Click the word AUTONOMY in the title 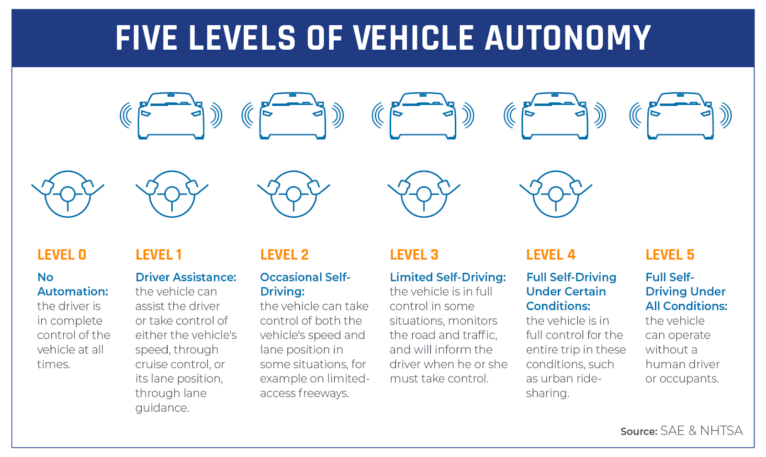568,38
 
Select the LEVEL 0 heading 62,255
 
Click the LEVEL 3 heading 414,255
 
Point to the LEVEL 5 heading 670,255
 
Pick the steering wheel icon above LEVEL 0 68,194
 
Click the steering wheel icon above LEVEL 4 556,194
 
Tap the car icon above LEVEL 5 680,115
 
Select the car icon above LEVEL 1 171,115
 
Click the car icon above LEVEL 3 423,115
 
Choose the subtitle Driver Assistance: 186,277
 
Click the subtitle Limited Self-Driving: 448,277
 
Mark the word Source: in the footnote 639,431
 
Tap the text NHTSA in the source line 721,431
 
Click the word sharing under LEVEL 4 547,393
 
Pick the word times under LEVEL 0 53,364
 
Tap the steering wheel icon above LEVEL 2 293,194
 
